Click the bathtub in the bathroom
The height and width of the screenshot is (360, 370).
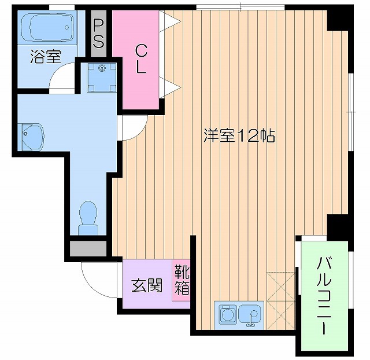click(47, 27)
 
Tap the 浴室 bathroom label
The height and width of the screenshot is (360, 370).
click(46, 57)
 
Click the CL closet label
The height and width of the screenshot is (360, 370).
click(141, 58)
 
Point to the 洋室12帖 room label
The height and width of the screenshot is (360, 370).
click(238, 136)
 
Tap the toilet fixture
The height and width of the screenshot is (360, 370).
click(89, 218)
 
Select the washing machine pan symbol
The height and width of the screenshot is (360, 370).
click(102, 77)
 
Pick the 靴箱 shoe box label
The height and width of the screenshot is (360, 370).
click(182, 279)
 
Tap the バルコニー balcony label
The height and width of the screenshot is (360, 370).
click(323, 296)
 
